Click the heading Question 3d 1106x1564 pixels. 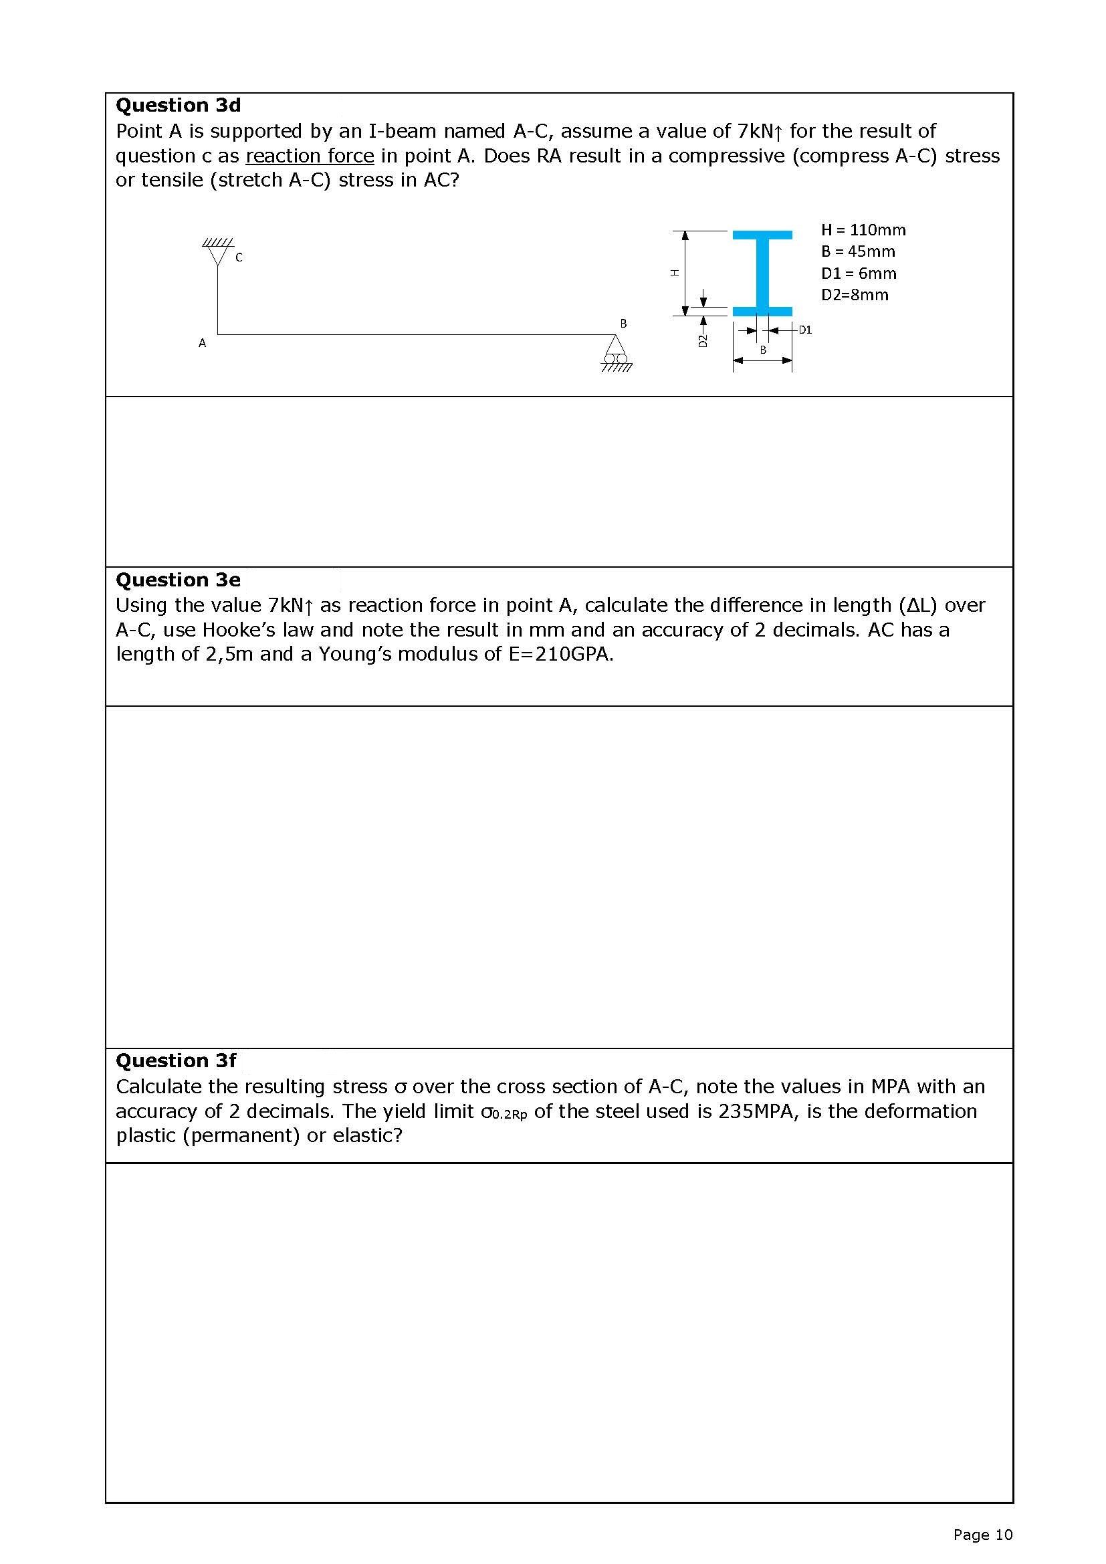179,105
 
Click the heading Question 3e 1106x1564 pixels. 179,580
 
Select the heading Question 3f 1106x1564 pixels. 177,1060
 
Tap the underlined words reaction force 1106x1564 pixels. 310,156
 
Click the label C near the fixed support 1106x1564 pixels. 239,257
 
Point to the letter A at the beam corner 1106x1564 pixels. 202,343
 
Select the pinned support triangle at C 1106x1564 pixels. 218,254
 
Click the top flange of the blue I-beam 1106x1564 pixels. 762,235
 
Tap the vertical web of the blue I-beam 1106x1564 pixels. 762,272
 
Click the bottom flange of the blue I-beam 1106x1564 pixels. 762,312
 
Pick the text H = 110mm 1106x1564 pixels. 863,229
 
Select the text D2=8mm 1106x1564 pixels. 855,295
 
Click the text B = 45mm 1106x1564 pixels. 858,251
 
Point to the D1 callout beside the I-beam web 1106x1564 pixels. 805,330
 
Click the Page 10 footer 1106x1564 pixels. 983,1534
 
